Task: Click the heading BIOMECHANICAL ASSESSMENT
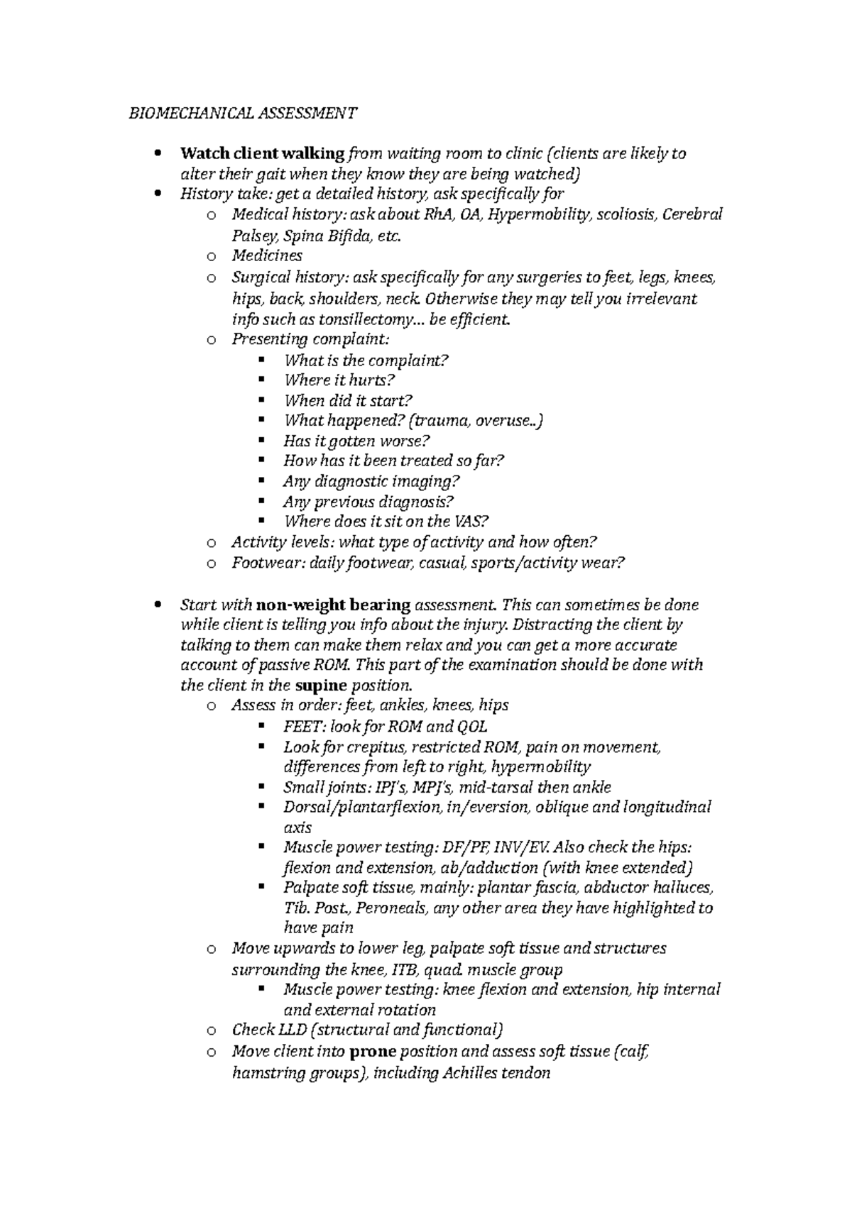(243, 113)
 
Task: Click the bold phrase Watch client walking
(262, 154)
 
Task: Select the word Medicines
(267, 255)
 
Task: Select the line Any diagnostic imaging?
(371, 481)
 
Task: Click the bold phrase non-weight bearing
(333, 605)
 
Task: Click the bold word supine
(320, 686)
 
